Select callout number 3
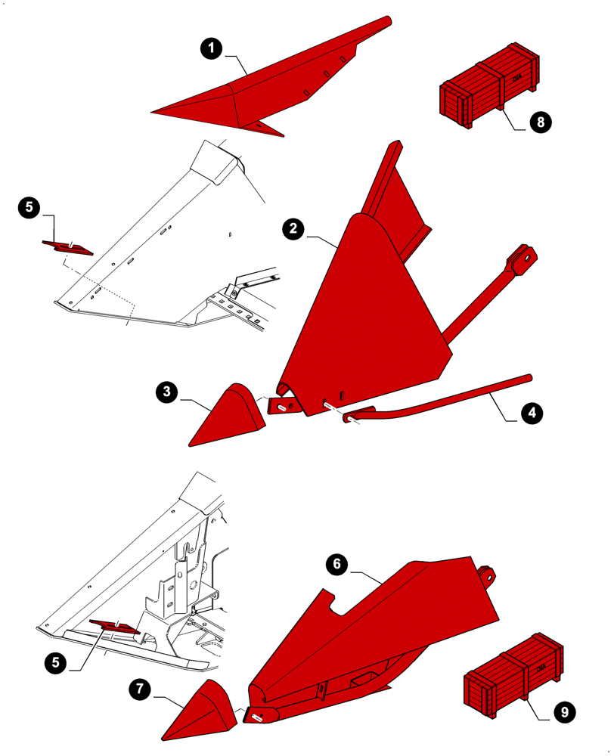pyautogui.click(x=168, y=392)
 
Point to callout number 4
pyautogui.click(x=532, y=414)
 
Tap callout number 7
pyautogui.click(x=139, y=689)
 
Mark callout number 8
pyautogui.click(x=541, y=121)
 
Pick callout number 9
pyautogui.click(x=563, y=711)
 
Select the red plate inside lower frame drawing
pyautogui.click(x=115, y=626)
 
